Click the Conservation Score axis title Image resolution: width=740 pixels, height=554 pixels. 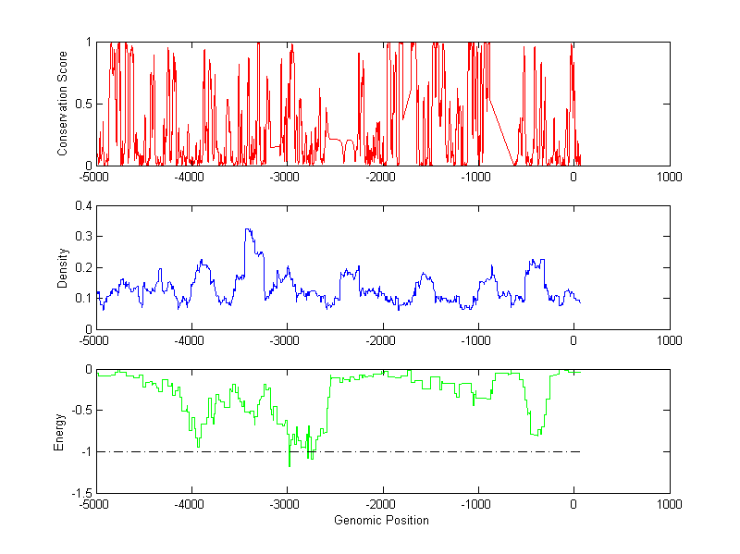click(x=63, y=104)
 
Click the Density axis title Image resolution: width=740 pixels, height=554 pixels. click(x=63, y=267)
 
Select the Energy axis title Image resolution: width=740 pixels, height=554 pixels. click(x=59, y=431)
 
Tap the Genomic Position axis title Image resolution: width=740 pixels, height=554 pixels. click(x=382, y=520)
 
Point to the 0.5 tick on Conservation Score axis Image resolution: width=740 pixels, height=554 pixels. click(x=84, y=104)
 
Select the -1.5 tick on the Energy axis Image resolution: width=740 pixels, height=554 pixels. click(x=81, y=493)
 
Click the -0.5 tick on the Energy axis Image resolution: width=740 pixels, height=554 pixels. click(x=81, y=410)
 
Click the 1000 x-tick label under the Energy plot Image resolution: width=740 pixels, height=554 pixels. click(x=669, y=505)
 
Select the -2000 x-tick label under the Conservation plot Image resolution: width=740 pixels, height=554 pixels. click(x=382, y=176)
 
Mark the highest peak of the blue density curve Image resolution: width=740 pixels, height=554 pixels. click(x=247, y=229)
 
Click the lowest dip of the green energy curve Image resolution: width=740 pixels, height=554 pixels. click(x=290, y=465)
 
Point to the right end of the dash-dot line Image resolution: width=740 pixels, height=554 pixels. click(x=579, y=451)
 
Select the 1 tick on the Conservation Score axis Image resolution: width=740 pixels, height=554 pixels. click(x=88, y=42)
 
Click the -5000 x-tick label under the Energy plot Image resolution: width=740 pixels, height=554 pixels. click(x=95, y=505)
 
